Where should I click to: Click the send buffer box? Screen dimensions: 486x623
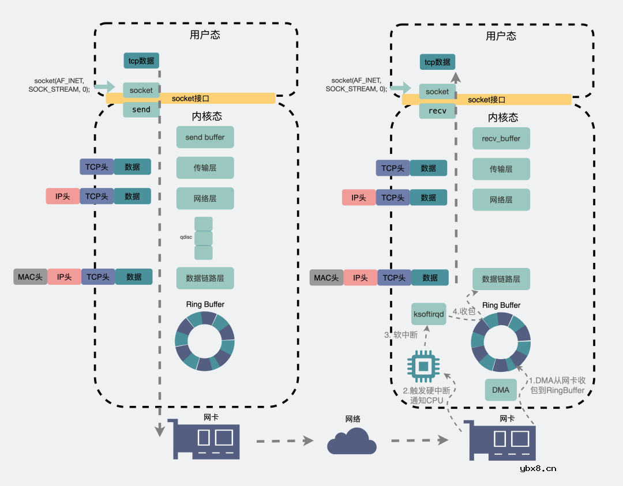205,138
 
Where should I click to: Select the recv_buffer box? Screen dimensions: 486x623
501,138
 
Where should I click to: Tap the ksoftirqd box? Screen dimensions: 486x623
429,314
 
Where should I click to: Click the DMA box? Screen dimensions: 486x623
501,390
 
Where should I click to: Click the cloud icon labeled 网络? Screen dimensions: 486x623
352,441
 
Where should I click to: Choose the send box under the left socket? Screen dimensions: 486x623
141,110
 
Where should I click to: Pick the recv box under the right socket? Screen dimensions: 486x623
437,111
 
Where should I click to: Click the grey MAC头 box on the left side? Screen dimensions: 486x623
30,277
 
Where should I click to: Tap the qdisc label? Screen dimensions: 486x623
185,237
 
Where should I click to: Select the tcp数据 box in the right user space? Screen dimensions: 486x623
437,62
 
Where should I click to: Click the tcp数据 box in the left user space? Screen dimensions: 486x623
141,61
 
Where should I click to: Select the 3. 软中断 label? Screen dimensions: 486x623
400,334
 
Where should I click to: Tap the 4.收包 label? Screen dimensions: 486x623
463,311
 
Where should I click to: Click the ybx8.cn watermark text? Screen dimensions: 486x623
538,468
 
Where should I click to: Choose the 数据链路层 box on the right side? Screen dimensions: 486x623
501,279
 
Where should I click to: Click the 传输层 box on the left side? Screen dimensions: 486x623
205,168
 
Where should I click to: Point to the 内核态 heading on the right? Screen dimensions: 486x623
503,118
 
